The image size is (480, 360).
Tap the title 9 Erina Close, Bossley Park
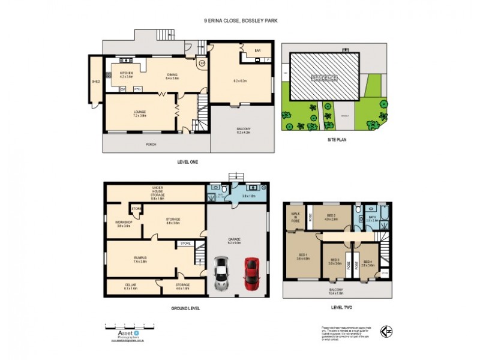(240, 20)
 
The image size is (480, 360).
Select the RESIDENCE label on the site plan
(324, 78)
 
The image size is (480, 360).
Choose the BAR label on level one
(257, 51)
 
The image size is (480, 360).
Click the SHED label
(95, 81)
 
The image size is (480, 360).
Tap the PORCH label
(151, 145)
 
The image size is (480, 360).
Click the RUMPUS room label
(140, 259)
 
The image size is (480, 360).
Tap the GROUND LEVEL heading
(184, 308)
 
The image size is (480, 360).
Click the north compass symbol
(389, 332)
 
